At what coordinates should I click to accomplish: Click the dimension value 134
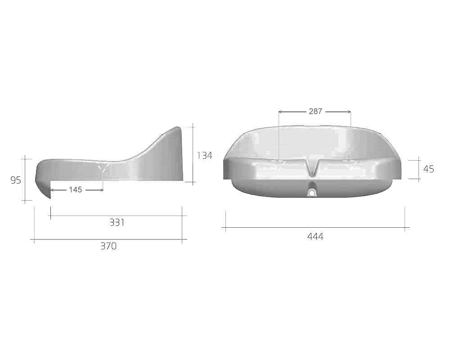(205, 156)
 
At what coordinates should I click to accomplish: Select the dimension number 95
(16, 180)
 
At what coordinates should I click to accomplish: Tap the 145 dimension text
(76, 190)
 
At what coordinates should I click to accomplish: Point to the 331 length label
(117, 222)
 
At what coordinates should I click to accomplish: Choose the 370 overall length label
(109, 246)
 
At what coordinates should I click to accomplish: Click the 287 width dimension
(315, 112)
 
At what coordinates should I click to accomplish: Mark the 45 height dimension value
(429, 169)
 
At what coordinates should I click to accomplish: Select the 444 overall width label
(315, 237)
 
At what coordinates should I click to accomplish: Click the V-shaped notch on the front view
(311, 168)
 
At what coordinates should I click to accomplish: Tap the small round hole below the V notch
(312, 193)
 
